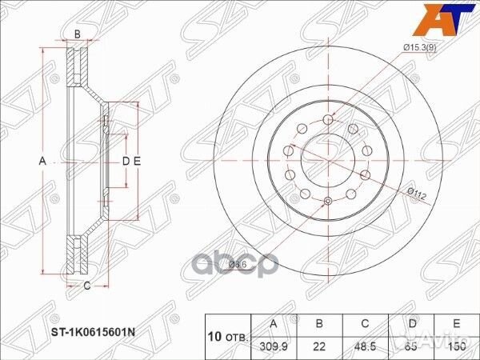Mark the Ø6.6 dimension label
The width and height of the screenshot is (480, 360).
click(x=238, y=264)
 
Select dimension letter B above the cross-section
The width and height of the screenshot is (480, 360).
click(x=78, y=34)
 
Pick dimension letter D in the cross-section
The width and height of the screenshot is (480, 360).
click(x=125, y=161)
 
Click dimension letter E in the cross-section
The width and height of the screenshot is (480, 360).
click(x=137, y=161)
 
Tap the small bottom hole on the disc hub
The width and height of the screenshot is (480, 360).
click(x=328, y=201)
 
